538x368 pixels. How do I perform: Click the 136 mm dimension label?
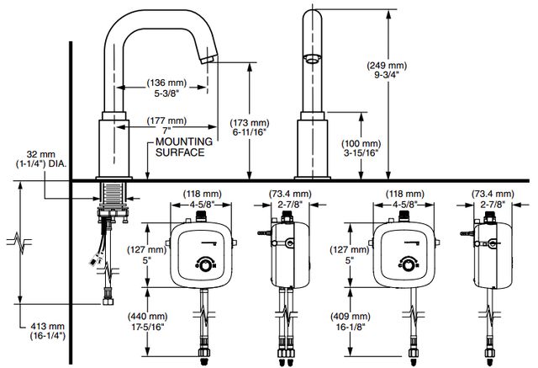[166, 88]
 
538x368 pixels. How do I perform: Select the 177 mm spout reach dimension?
[166, 125]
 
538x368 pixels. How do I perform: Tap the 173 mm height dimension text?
[250, 127]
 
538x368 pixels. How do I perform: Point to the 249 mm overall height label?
[387, 70]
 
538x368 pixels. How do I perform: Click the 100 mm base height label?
[361, 148]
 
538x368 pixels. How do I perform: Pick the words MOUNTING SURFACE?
[184, 147]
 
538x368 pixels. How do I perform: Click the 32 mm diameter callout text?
[41, 159]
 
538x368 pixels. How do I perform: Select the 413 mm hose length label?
[47, 331]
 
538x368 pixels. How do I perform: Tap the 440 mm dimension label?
[148, 322]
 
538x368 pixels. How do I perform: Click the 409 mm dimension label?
[351, 322]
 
